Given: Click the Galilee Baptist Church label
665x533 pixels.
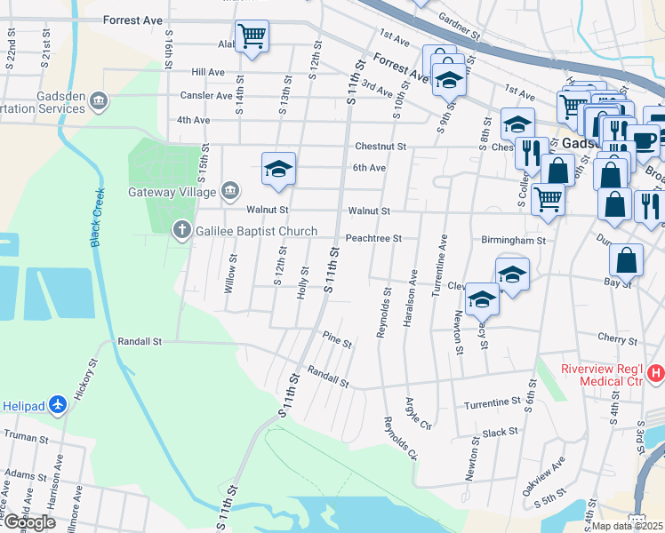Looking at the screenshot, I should (256, 231).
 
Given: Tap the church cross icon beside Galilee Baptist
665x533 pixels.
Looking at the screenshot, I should (181, 231).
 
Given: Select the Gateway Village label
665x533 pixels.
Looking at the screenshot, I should (172, 192).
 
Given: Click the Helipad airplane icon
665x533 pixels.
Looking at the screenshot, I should (58, 404).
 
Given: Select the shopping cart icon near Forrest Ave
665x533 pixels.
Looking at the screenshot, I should (252, 36).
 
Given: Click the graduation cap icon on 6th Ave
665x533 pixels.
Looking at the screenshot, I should (278, 168).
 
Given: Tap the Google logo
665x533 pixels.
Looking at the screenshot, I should (28, 521).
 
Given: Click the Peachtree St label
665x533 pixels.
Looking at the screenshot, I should (373, 238).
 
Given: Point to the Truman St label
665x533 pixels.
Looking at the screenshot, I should (24, 435).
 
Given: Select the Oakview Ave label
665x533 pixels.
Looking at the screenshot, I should (552, 476).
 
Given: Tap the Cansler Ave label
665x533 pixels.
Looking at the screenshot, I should (205, 96).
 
